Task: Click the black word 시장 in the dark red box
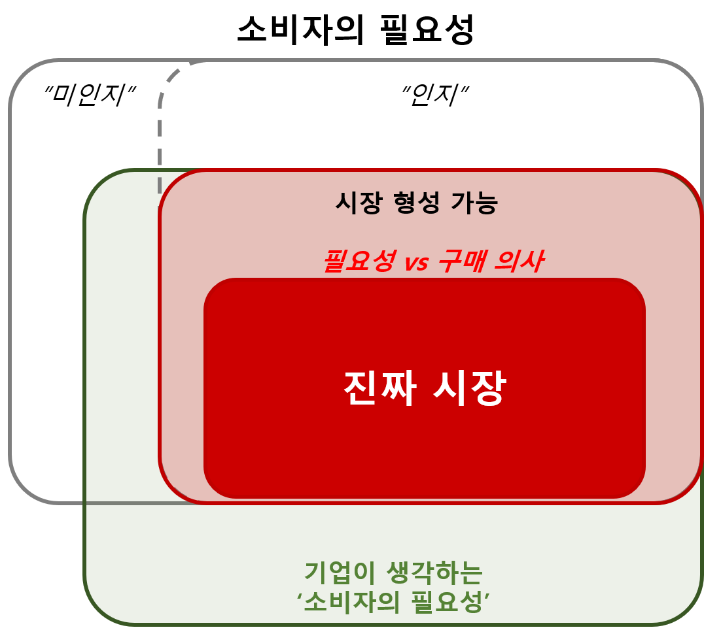[x=355, y=203]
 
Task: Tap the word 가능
[x=474, y=203]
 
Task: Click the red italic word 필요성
[x=359, y=261]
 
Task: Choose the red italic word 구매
[x=461, y=261]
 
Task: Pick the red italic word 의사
[x=519, y=261]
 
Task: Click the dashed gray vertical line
[x=160, y=144]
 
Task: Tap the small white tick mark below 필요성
[x=357, y=275]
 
